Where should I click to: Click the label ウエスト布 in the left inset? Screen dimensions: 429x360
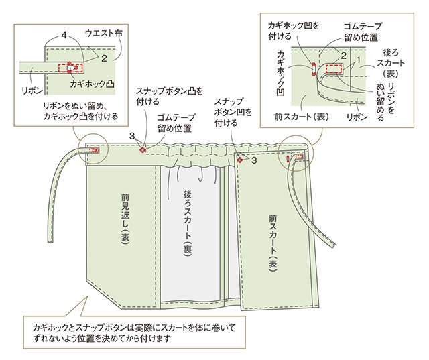click(x=104, y=34)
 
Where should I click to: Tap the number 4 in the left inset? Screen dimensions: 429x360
click(x=64, y=36)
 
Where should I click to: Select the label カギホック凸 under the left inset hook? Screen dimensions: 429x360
click(x=93, y=83)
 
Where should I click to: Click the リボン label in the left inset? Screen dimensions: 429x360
click(x=32, y=91)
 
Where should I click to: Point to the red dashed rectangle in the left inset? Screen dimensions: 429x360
click(x=71, y=68)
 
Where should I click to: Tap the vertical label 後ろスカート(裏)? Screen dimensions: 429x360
click(x=188, y=224)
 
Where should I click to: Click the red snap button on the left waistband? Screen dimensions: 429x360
click(x=143, y=149)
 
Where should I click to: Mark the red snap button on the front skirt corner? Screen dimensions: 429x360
click(x=240, y=160)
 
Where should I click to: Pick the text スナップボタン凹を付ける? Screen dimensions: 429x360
click(x=233, y=112)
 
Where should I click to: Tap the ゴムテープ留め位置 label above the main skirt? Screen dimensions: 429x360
click(x=176, y=123)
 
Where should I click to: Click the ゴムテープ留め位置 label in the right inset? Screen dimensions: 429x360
click(x=362, y=32)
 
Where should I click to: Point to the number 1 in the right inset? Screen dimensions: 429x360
click(x=359, y=58)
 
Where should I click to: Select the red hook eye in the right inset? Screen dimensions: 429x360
click(x=314, y=68)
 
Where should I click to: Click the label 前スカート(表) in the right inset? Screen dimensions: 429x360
click(x=301, y=117)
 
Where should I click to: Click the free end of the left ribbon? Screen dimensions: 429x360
click(x=51, y=241)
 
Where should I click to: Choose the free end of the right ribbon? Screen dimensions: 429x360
click(x=332, y=245)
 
